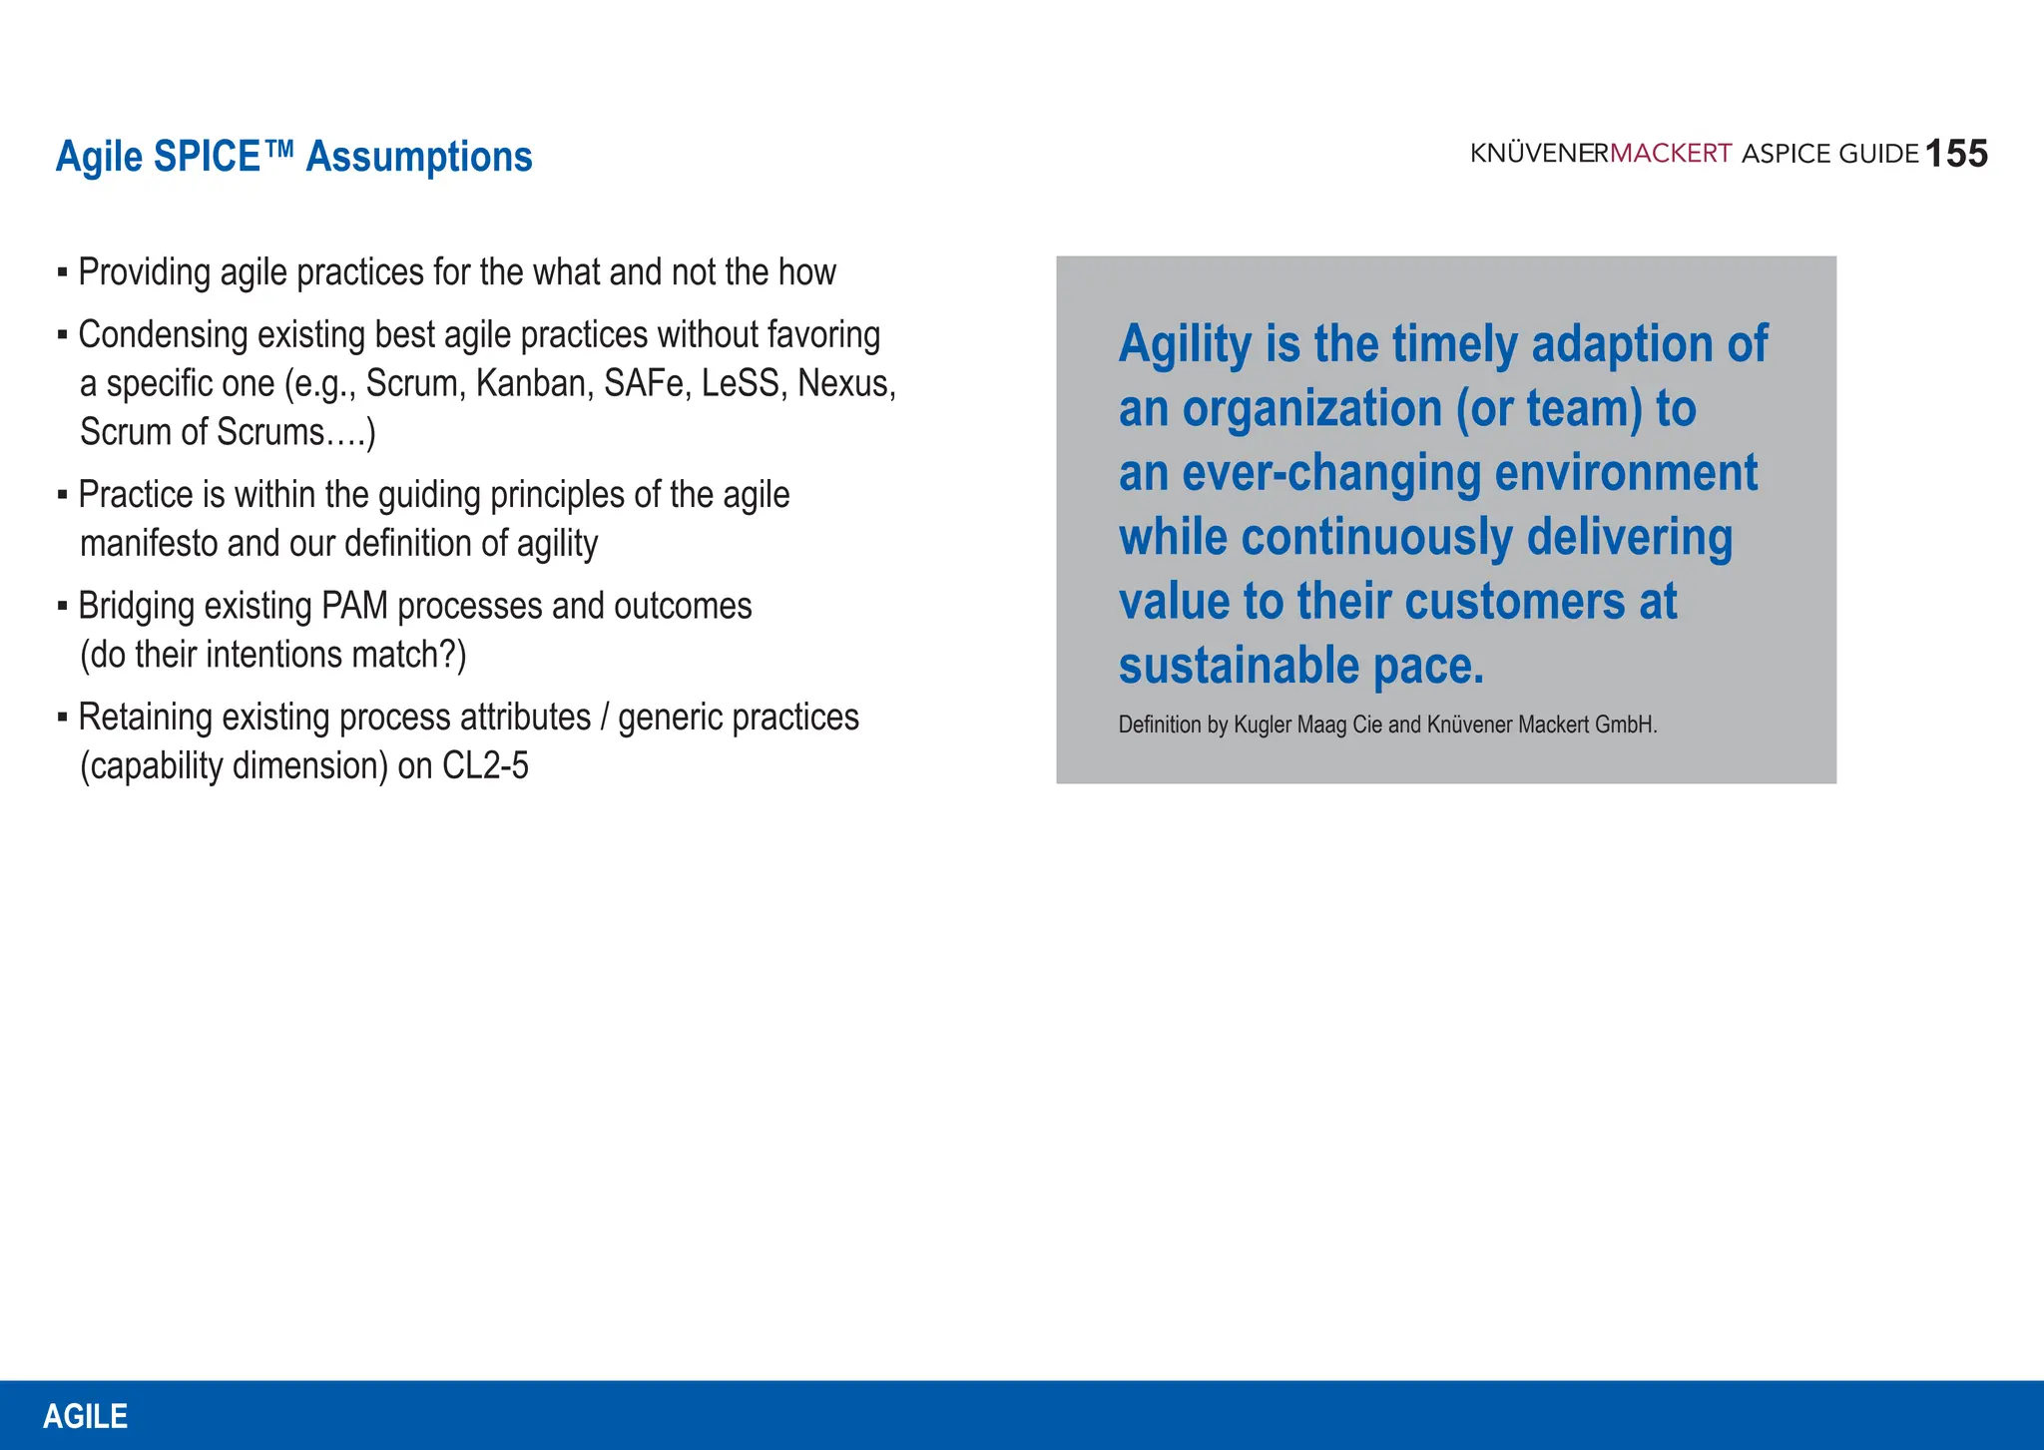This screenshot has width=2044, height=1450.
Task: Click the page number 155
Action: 1956,154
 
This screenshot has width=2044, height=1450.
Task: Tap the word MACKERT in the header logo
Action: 1671,154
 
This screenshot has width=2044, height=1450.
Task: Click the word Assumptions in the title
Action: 419,157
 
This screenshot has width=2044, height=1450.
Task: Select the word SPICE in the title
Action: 208,157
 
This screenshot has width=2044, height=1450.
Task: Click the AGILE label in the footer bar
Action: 86,1416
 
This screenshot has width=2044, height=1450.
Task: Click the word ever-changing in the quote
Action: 1332,473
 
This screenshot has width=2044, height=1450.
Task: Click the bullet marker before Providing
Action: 62,272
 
